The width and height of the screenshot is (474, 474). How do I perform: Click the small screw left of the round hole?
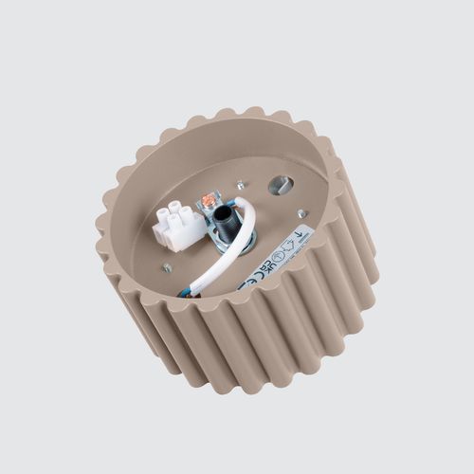(240, 186)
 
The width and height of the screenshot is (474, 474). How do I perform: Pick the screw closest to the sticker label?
(301, 213)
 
